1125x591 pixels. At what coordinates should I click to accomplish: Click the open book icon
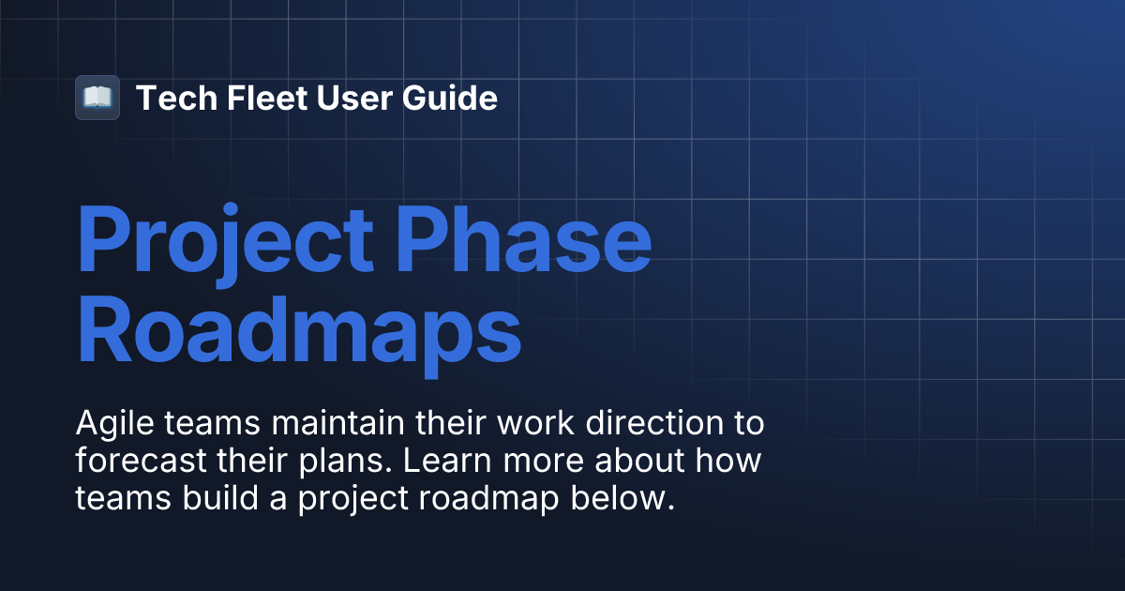pos(97,98)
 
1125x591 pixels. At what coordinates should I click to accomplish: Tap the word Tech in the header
pos(166,98)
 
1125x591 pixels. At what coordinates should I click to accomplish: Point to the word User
pos(337,98)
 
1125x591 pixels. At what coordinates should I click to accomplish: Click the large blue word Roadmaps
pos(298,330)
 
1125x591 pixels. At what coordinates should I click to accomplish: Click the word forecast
pos(132,462)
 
